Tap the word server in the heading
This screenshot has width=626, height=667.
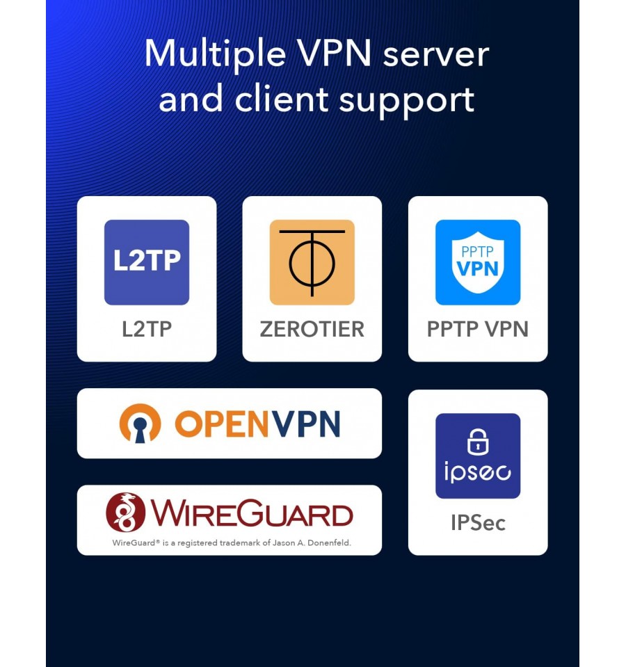click(436, 56)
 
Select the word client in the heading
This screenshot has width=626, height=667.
click(282, 99)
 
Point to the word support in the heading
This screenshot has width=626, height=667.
click(407, 102)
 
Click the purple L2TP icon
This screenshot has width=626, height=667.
click(147, 262)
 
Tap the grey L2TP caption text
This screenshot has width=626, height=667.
click(147, 329)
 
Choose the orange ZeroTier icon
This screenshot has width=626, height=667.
click(312, 262)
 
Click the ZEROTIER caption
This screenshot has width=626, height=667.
click(312, 329)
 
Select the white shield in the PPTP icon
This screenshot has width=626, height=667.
click(478, 262)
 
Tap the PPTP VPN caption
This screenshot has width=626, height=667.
click(478, 329)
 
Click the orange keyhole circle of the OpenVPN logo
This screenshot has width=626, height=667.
click(141, 424)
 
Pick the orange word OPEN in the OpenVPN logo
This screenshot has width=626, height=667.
click(222, 424)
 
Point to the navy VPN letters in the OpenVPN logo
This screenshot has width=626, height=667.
click(306, 424)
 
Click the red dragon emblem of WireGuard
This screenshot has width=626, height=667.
click(125, 513)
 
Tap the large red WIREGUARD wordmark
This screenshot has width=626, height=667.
click(252, 513)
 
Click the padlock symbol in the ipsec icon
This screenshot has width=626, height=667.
click(478, 442)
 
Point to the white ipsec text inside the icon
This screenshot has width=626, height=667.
click(478, 472)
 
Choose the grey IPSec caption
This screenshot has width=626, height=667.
click(478, 523)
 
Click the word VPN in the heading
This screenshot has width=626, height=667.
click(335, 54)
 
